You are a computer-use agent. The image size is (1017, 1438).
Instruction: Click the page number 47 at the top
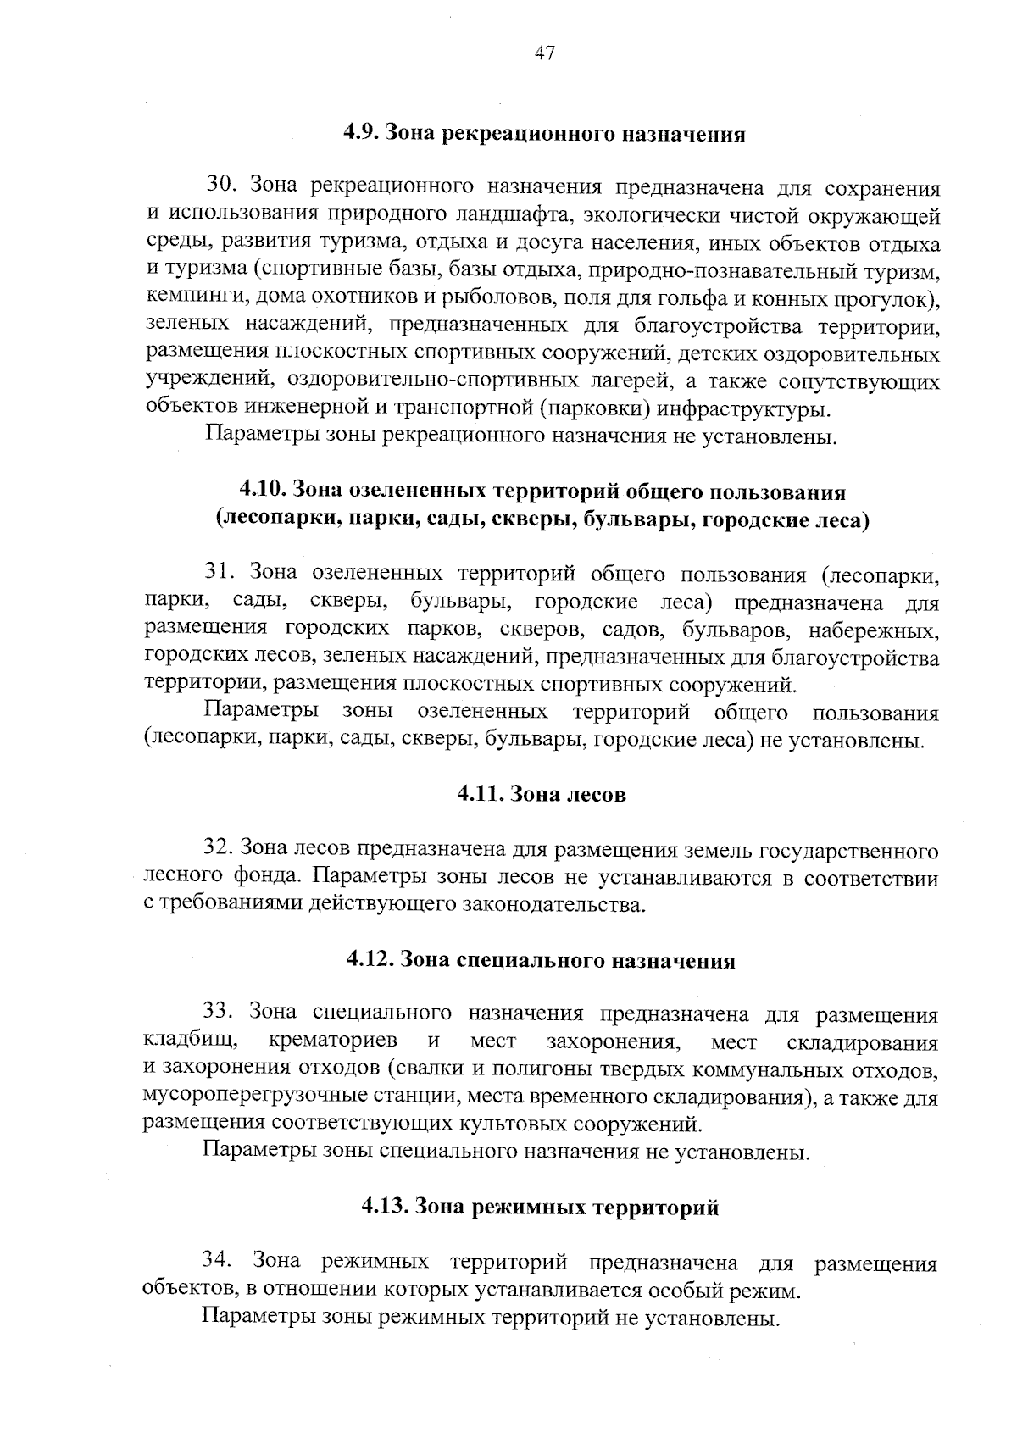(544, 54)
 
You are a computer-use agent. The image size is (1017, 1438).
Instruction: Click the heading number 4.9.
(364, 134)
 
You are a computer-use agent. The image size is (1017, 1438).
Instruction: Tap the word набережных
(874, 630)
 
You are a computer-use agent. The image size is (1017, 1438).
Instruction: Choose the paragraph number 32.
(219, 848)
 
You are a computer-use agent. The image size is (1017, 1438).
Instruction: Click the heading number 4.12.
(370, 960)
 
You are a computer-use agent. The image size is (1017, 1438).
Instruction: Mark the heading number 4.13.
(385, 1207)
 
